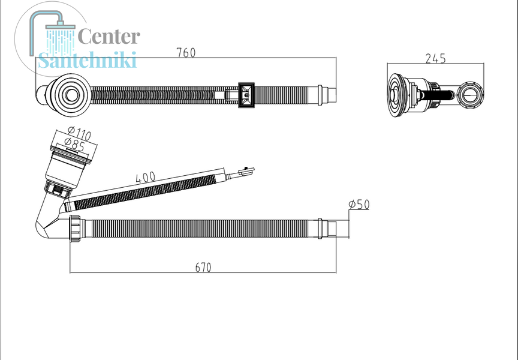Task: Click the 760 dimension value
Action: click(x=186, y=53)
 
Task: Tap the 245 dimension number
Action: click(x=435, y=59)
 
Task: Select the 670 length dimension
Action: click(x=203, y=267)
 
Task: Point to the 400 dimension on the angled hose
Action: click(x=145, y=177)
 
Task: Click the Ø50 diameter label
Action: click(x=359, y=204)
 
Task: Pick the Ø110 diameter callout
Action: click(x=79, y=133)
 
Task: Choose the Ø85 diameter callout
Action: click(x=75, y=145)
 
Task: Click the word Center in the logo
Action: click(x=109, y=37)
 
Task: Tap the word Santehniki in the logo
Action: click(x=87, y=60)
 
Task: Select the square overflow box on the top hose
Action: click(x=246, y=95)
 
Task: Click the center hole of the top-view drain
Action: click(x=70, y=95)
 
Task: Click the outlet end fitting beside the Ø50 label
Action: click(x=327, y=228)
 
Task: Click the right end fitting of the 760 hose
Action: click(x=327, y=95)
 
